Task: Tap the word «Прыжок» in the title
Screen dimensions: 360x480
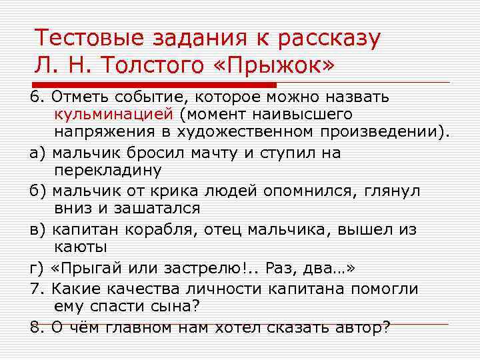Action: click(281, 65)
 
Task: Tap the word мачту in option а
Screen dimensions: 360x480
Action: click(210, 153)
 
